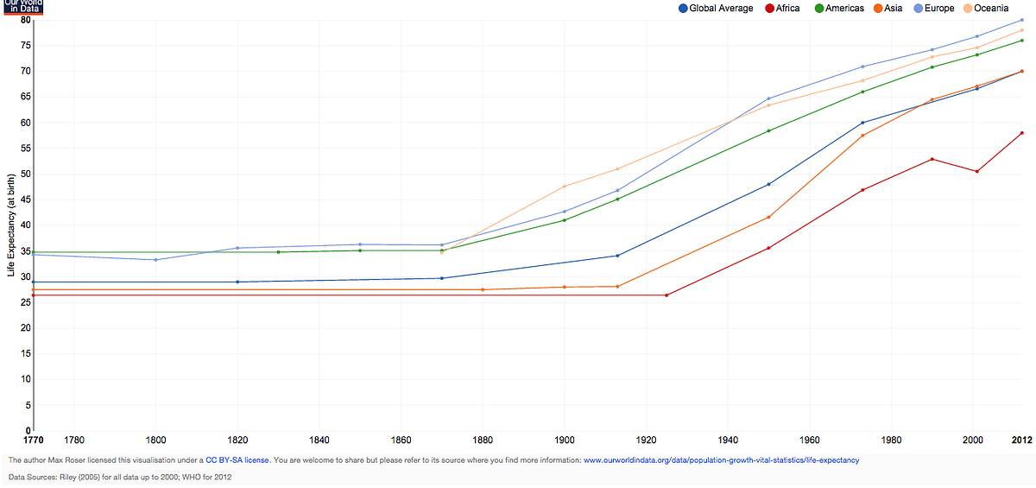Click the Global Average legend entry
point(716,9)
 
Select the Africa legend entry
point(782,9)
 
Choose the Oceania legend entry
point(986,9)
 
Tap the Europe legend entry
point(934,9)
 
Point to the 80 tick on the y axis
point(25,20)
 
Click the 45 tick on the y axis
point(25,200)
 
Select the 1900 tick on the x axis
point(565,440)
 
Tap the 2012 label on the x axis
point(1021,440)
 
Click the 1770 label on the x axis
point(34,440)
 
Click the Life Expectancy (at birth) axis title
point(11,225)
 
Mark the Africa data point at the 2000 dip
point(976,172)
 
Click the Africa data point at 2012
point(1021,133)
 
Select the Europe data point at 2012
point(1021,20)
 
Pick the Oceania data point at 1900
point(565,187)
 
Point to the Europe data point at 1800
point(156,260)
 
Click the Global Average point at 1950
point(768,184)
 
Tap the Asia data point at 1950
point(768,217)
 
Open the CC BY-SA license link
point(237,460)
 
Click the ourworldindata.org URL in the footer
point(722,460)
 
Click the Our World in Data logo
point(23,7)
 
